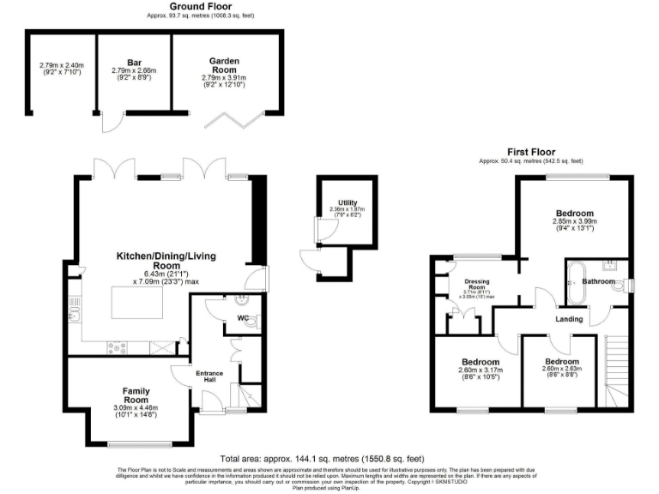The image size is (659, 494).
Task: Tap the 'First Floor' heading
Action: (x=530, y=152)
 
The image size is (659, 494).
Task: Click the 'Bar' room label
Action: (x=132, y=61)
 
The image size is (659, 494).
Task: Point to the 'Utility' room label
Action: (x=348, y=202)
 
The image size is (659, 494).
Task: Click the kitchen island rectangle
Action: (x=138, y=303)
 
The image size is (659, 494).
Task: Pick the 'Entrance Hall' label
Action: (x=209, y=377)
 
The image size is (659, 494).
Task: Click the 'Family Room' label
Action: (x=136, y=395)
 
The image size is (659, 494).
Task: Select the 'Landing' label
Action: (x=571, y=319)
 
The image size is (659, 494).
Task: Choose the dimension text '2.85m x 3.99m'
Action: (x=574, y=221)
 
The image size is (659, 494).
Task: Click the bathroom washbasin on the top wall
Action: (x=610, y=264)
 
